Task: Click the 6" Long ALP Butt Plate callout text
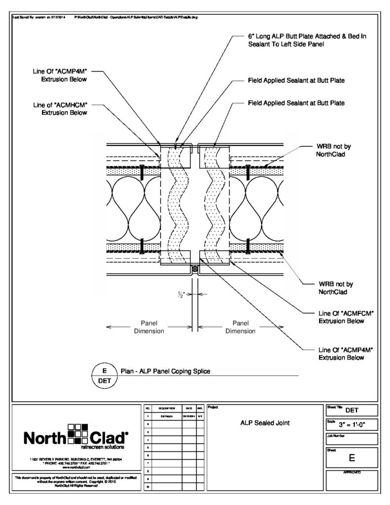click(307, 40)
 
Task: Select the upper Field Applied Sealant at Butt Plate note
click(302, 80)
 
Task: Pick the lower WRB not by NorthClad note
click(336, 288)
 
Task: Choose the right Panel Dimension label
click(240, 327)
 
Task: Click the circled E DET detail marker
click(104, 376)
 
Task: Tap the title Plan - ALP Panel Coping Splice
click(166, 371)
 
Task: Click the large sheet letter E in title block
click(352, 458)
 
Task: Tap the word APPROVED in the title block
click(352, 472)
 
